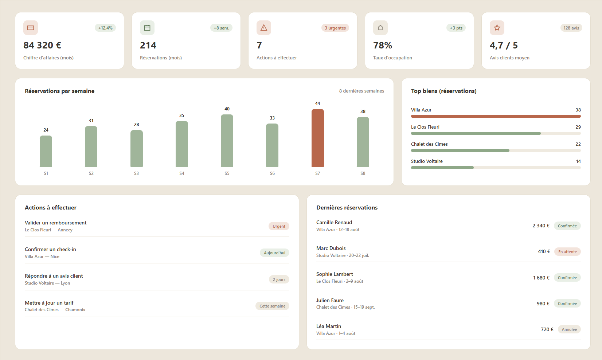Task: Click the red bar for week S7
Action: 317,138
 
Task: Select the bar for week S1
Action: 46,151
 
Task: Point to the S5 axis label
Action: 227,173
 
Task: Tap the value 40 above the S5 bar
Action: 227,109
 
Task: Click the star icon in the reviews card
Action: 497,28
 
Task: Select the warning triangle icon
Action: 263,28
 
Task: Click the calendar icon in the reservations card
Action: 147,28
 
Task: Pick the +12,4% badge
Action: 105,28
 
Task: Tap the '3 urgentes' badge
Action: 335,28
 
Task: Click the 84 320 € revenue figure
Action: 42,45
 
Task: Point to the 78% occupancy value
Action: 382,45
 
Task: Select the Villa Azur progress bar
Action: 496,116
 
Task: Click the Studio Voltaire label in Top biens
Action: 427,161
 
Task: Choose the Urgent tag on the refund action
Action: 279,226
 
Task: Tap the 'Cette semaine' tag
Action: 272,306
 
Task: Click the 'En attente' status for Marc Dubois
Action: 567,252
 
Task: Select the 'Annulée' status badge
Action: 569,329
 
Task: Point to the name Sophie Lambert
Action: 335,274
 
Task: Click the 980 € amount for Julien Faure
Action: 543,304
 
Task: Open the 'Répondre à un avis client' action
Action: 54,276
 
